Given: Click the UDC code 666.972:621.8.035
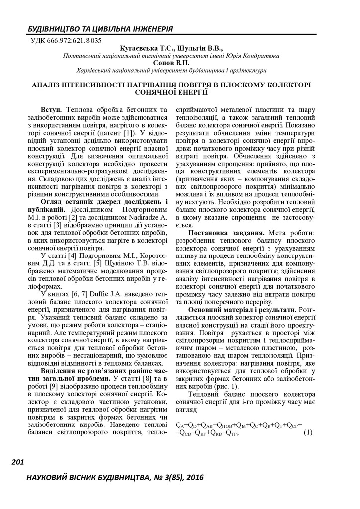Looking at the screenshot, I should click(x=70, y=41).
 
